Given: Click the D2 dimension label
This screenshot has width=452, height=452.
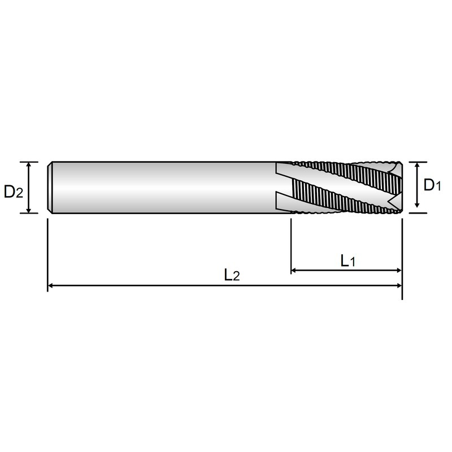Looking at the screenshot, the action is (x=13, y=192).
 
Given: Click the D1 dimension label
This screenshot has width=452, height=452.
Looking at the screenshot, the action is (x=432, y=185).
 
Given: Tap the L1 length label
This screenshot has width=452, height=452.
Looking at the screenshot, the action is (x=348, y=261).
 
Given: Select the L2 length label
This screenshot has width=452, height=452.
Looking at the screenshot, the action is (x=232, y=275).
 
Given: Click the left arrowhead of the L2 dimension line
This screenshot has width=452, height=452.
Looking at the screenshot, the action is (x=50, y=285).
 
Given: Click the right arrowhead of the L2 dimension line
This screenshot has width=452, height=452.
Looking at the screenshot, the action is (x=399, y=285).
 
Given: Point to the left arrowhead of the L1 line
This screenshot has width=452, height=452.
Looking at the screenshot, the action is (x=294, y=270).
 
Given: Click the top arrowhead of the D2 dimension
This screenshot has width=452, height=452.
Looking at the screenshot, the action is (x=29, y=165).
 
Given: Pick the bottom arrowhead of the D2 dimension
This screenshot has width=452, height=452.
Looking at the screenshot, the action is (x=29, y=210).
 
